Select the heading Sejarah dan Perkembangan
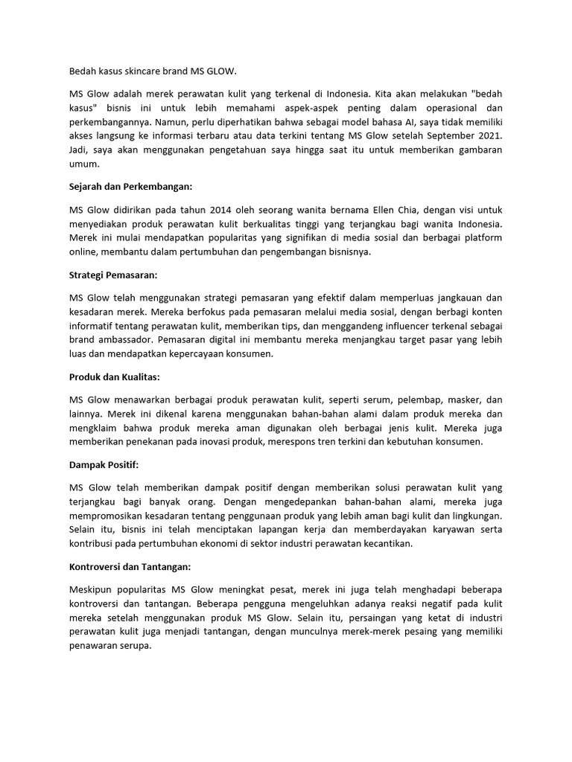click(x=130, y=186)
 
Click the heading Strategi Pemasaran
click(x=112, y=275)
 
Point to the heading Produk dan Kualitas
click(x=115, y=377)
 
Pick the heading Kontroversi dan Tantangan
click(x=130, y=568)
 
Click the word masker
click(x=455, y=400)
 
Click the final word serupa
click(x=135, y=646)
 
